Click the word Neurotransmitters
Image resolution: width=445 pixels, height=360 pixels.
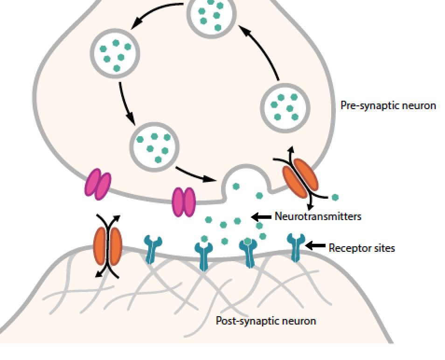(318, 216)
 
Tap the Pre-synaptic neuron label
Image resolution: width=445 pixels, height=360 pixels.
(388, 105)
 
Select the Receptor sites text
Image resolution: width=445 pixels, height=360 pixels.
(362, 248)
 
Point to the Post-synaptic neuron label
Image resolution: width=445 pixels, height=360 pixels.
(266, 321)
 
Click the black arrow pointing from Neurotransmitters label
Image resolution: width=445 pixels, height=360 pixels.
(261, 216)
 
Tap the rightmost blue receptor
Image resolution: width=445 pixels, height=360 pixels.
(295, 247)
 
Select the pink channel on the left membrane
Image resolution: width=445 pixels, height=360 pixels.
(97, 185)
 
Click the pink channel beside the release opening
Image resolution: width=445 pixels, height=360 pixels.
(183, 202)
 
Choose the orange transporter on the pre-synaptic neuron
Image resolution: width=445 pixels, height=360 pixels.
(300, 179)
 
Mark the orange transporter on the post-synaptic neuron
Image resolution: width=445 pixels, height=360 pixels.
(108, 246)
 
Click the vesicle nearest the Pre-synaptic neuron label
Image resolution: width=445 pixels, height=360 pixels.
(285, 107)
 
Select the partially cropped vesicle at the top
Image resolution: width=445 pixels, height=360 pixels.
(211, 14)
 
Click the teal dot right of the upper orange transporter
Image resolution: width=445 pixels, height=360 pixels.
(335, 198)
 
